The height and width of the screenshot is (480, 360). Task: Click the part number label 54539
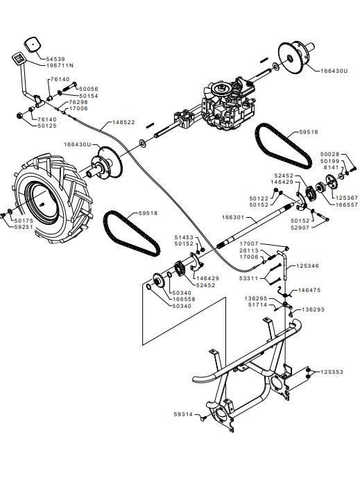tap(55, 59)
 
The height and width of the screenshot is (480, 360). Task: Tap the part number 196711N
tap(60, 65)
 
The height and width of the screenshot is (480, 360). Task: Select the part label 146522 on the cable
tap(123, 122)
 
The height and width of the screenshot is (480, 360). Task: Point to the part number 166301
tap(233, 217)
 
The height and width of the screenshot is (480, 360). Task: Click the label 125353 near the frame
tap(332, 372)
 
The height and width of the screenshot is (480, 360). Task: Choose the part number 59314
tap(183, 414)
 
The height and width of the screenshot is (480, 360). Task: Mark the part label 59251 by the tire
tap(24, 227)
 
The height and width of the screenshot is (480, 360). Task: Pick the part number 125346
tap(307, 266)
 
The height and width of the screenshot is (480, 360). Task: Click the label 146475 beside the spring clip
tap(309, 289)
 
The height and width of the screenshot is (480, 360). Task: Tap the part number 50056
tap(89, 89)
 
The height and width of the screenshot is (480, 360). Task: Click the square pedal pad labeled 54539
tap(33, 44)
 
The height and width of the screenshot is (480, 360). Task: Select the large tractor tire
tap(52, 198)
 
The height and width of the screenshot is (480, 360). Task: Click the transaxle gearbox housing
tap(228, 103)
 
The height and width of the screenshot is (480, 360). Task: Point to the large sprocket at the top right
tap(291, 58)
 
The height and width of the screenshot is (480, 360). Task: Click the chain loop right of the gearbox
tap(284, 146)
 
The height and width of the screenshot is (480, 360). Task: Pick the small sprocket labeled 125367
tap(332, 182)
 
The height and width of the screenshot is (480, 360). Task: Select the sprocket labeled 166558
tap(159, 280)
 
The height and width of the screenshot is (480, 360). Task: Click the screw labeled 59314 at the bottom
tap(203, 418)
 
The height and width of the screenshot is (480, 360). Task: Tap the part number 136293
tap(313, 309)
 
